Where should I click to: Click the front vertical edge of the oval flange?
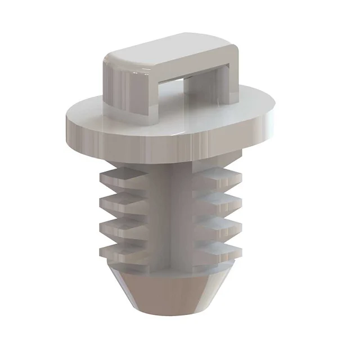pyautogui.click(x=169, y=141)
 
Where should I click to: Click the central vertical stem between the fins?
pyautogui.click(x=169, y=214)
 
